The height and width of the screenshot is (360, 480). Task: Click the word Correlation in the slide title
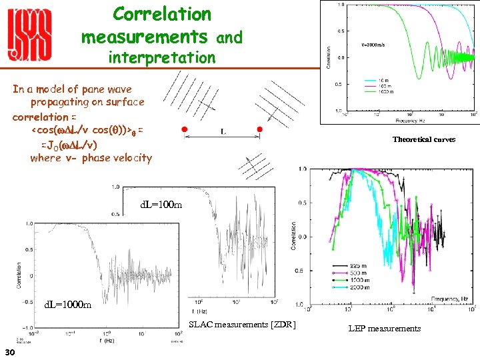(x=162, y=13)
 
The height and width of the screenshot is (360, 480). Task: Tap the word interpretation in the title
(x=162, y=58)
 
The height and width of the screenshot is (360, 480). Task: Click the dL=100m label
(x=161, y=205)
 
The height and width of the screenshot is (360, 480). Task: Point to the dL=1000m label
(x=67, y=305)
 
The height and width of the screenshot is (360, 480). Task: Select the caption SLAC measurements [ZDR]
(x=241, y=325)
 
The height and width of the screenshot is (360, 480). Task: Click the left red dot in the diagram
(x=184, y=129)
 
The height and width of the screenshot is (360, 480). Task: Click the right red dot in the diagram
(x=260, y=129)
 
